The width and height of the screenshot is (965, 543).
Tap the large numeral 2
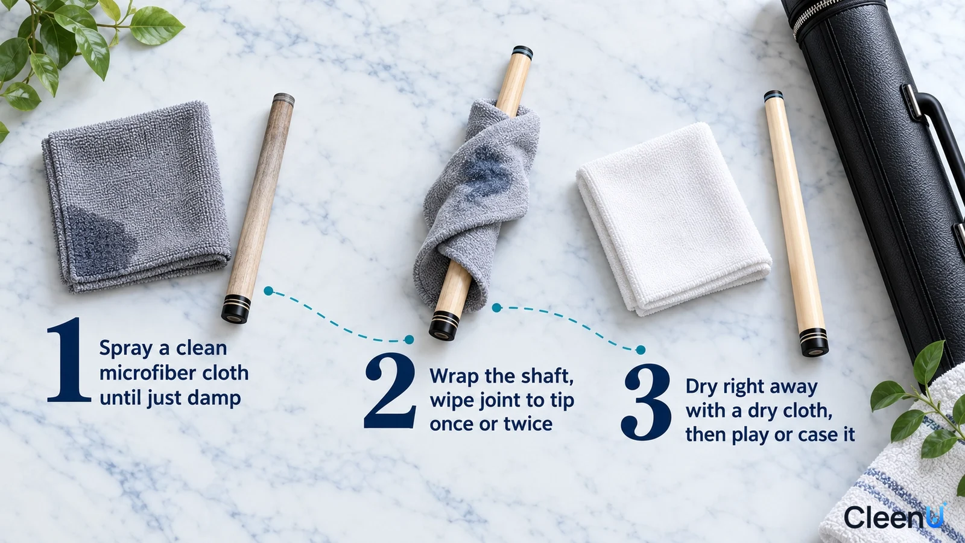(x=390, y=391)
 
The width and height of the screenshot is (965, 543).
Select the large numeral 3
(x=646, y=402)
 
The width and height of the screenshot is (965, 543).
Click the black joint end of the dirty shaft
(x=236, y=309)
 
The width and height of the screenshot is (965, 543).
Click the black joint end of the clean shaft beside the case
(x=814, y=343)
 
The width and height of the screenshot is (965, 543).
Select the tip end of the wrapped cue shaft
(x=522, y=52)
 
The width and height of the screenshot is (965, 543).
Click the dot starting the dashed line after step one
(x=268, y=291)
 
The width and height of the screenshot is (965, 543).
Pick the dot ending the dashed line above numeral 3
(x=641, y=350)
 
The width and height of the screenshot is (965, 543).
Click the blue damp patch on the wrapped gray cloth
(x=486, y=173)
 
